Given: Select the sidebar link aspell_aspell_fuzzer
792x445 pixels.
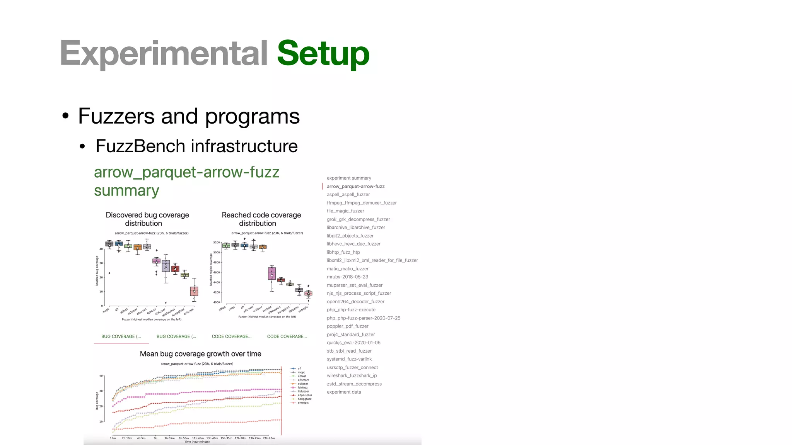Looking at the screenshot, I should [x=348, y=195].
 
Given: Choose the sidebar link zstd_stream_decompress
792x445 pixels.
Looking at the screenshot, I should [x=354, y=384].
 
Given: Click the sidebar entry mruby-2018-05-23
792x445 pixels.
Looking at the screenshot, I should [x=347, y=277].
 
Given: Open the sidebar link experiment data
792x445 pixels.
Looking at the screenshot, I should [x=343, y=392].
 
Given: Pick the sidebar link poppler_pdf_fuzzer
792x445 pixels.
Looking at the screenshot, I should [x=347, y=326].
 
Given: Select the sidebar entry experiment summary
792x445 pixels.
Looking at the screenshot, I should [x=349, y=178].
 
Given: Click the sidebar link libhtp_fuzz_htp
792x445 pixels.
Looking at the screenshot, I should [x=343, y=252].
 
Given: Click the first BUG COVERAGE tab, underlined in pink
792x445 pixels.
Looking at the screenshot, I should [x=121, y=336].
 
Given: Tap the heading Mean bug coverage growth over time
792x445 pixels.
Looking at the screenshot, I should [x=200, y=354].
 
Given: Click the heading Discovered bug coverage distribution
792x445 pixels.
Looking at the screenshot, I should [x=147, y=219].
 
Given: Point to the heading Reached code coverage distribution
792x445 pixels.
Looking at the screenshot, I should [x=261, y=219].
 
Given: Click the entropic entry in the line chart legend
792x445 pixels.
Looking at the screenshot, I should [x=303, y=403].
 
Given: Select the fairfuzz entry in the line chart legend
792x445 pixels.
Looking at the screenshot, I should [x=302, y=387].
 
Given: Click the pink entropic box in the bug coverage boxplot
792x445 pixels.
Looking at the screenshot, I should [x=194, y=291].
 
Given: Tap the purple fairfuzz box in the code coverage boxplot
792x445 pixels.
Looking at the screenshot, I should [x=272, y=273].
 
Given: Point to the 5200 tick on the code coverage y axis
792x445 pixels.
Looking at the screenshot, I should [x=216, y=243].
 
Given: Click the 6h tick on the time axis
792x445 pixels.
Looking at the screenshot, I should [x=155, y=438].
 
